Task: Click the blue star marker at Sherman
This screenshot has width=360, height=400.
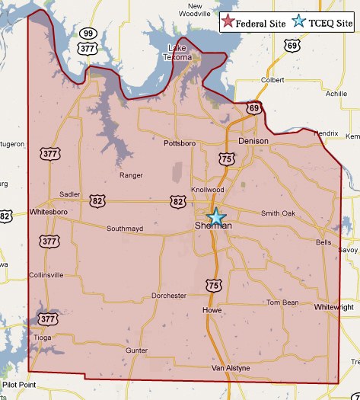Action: coord(217,216)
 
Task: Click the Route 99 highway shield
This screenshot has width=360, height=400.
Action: coord(88,34)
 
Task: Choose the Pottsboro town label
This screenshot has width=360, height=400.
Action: coord(180,142)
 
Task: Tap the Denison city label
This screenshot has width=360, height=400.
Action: coord(253,142)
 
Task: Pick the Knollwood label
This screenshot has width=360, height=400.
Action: coord(207,190)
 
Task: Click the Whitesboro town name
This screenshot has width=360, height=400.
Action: coord(50,212)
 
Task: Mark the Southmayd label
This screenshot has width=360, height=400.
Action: coord(126,229)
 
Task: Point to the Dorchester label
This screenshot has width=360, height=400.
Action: coord(168,296)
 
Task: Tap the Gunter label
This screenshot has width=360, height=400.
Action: coord(136,350)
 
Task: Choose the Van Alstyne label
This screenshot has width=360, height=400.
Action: coord(231,369)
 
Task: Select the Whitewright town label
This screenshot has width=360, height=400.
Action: coord(335,307)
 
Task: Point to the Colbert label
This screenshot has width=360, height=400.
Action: coord(272,79)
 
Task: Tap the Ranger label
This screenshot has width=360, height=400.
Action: coord(131,175)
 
